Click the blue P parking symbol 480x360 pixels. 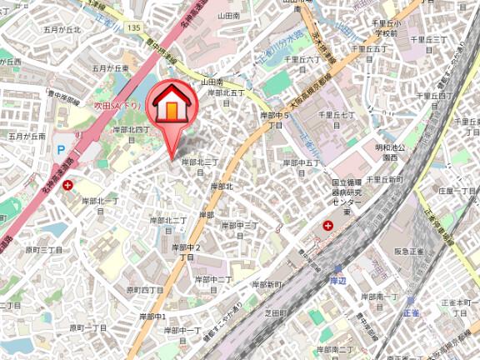[60, 152]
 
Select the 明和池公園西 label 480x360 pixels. [394, 152]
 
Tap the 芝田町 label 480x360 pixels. [276, 313]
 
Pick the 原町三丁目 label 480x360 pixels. [44, 249]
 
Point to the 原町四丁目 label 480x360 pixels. [145, 290]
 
